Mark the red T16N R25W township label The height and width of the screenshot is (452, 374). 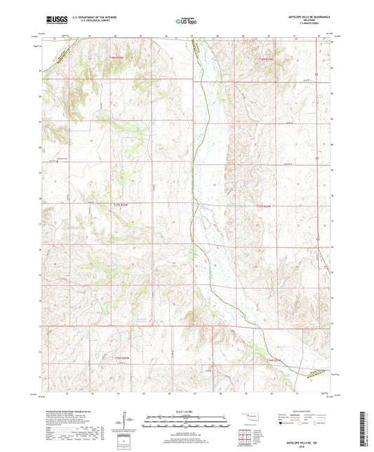tap(123, 358)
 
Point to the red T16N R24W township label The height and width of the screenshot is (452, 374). tap(273, 360)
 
